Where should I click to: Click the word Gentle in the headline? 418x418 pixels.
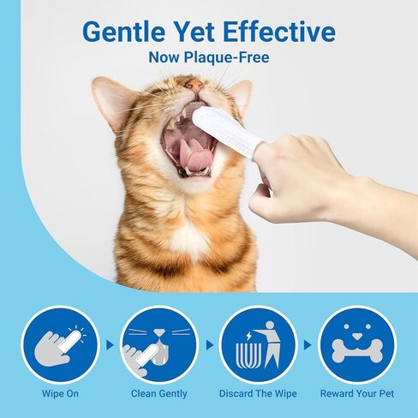click(124, 32)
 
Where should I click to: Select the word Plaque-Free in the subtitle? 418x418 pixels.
click(226, 57)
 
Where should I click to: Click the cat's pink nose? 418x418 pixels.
click(194, 85)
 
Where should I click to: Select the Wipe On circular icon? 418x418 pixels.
click(60, 345)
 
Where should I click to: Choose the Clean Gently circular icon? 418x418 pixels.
click(159, 345)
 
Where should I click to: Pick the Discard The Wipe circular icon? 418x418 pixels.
click(258, 345)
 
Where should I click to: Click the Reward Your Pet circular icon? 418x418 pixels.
click(357, 345)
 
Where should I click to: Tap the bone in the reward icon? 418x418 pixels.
click(357, 351)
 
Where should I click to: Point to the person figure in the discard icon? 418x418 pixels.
click(270, 344)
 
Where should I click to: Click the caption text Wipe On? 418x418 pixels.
click(60, 393)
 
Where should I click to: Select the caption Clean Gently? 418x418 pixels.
click(159, 394)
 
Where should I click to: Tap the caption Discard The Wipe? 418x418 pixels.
click(258, 393)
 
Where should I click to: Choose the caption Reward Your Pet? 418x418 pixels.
click(357, 393)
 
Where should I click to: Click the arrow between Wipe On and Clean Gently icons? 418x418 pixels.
click(110, 345)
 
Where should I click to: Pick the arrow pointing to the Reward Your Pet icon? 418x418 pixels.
click(308, 345)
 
